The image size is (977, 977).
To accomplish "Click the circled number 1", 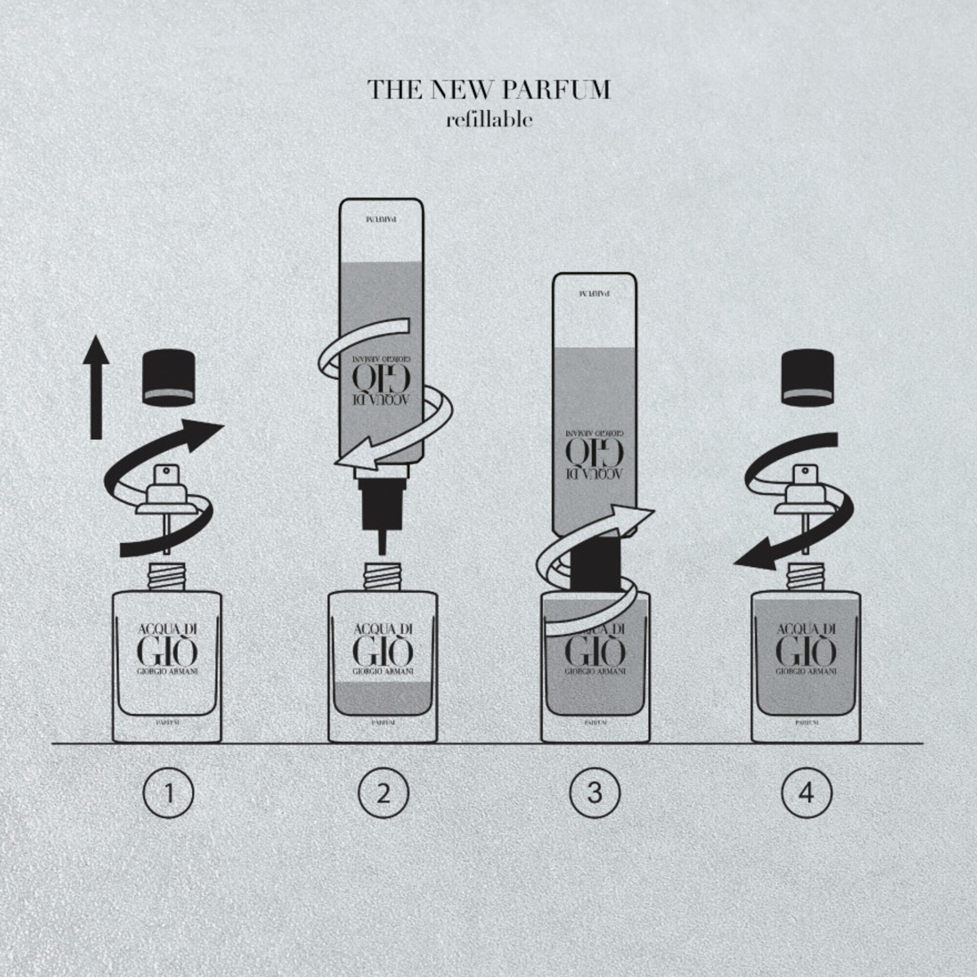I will point(169,793).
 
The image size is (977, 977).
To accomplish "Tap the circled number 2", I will point(383,793).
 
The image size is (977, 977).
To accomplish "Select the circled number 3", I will point(595,793).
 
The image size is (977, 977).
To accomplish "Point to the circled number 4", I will point(806,793).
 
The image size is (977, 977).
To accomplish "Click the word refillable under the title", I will point(489,120).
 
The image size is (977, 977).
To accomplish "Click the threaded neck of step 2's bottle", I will point(383,577).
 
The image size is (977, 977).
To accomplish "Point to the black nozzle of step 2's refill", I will point(382,506).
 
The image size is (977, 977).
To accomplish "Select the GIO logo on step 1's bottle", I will point(167,652).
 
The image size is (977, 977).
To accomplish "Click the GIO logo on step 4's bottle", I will point(806,652).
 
